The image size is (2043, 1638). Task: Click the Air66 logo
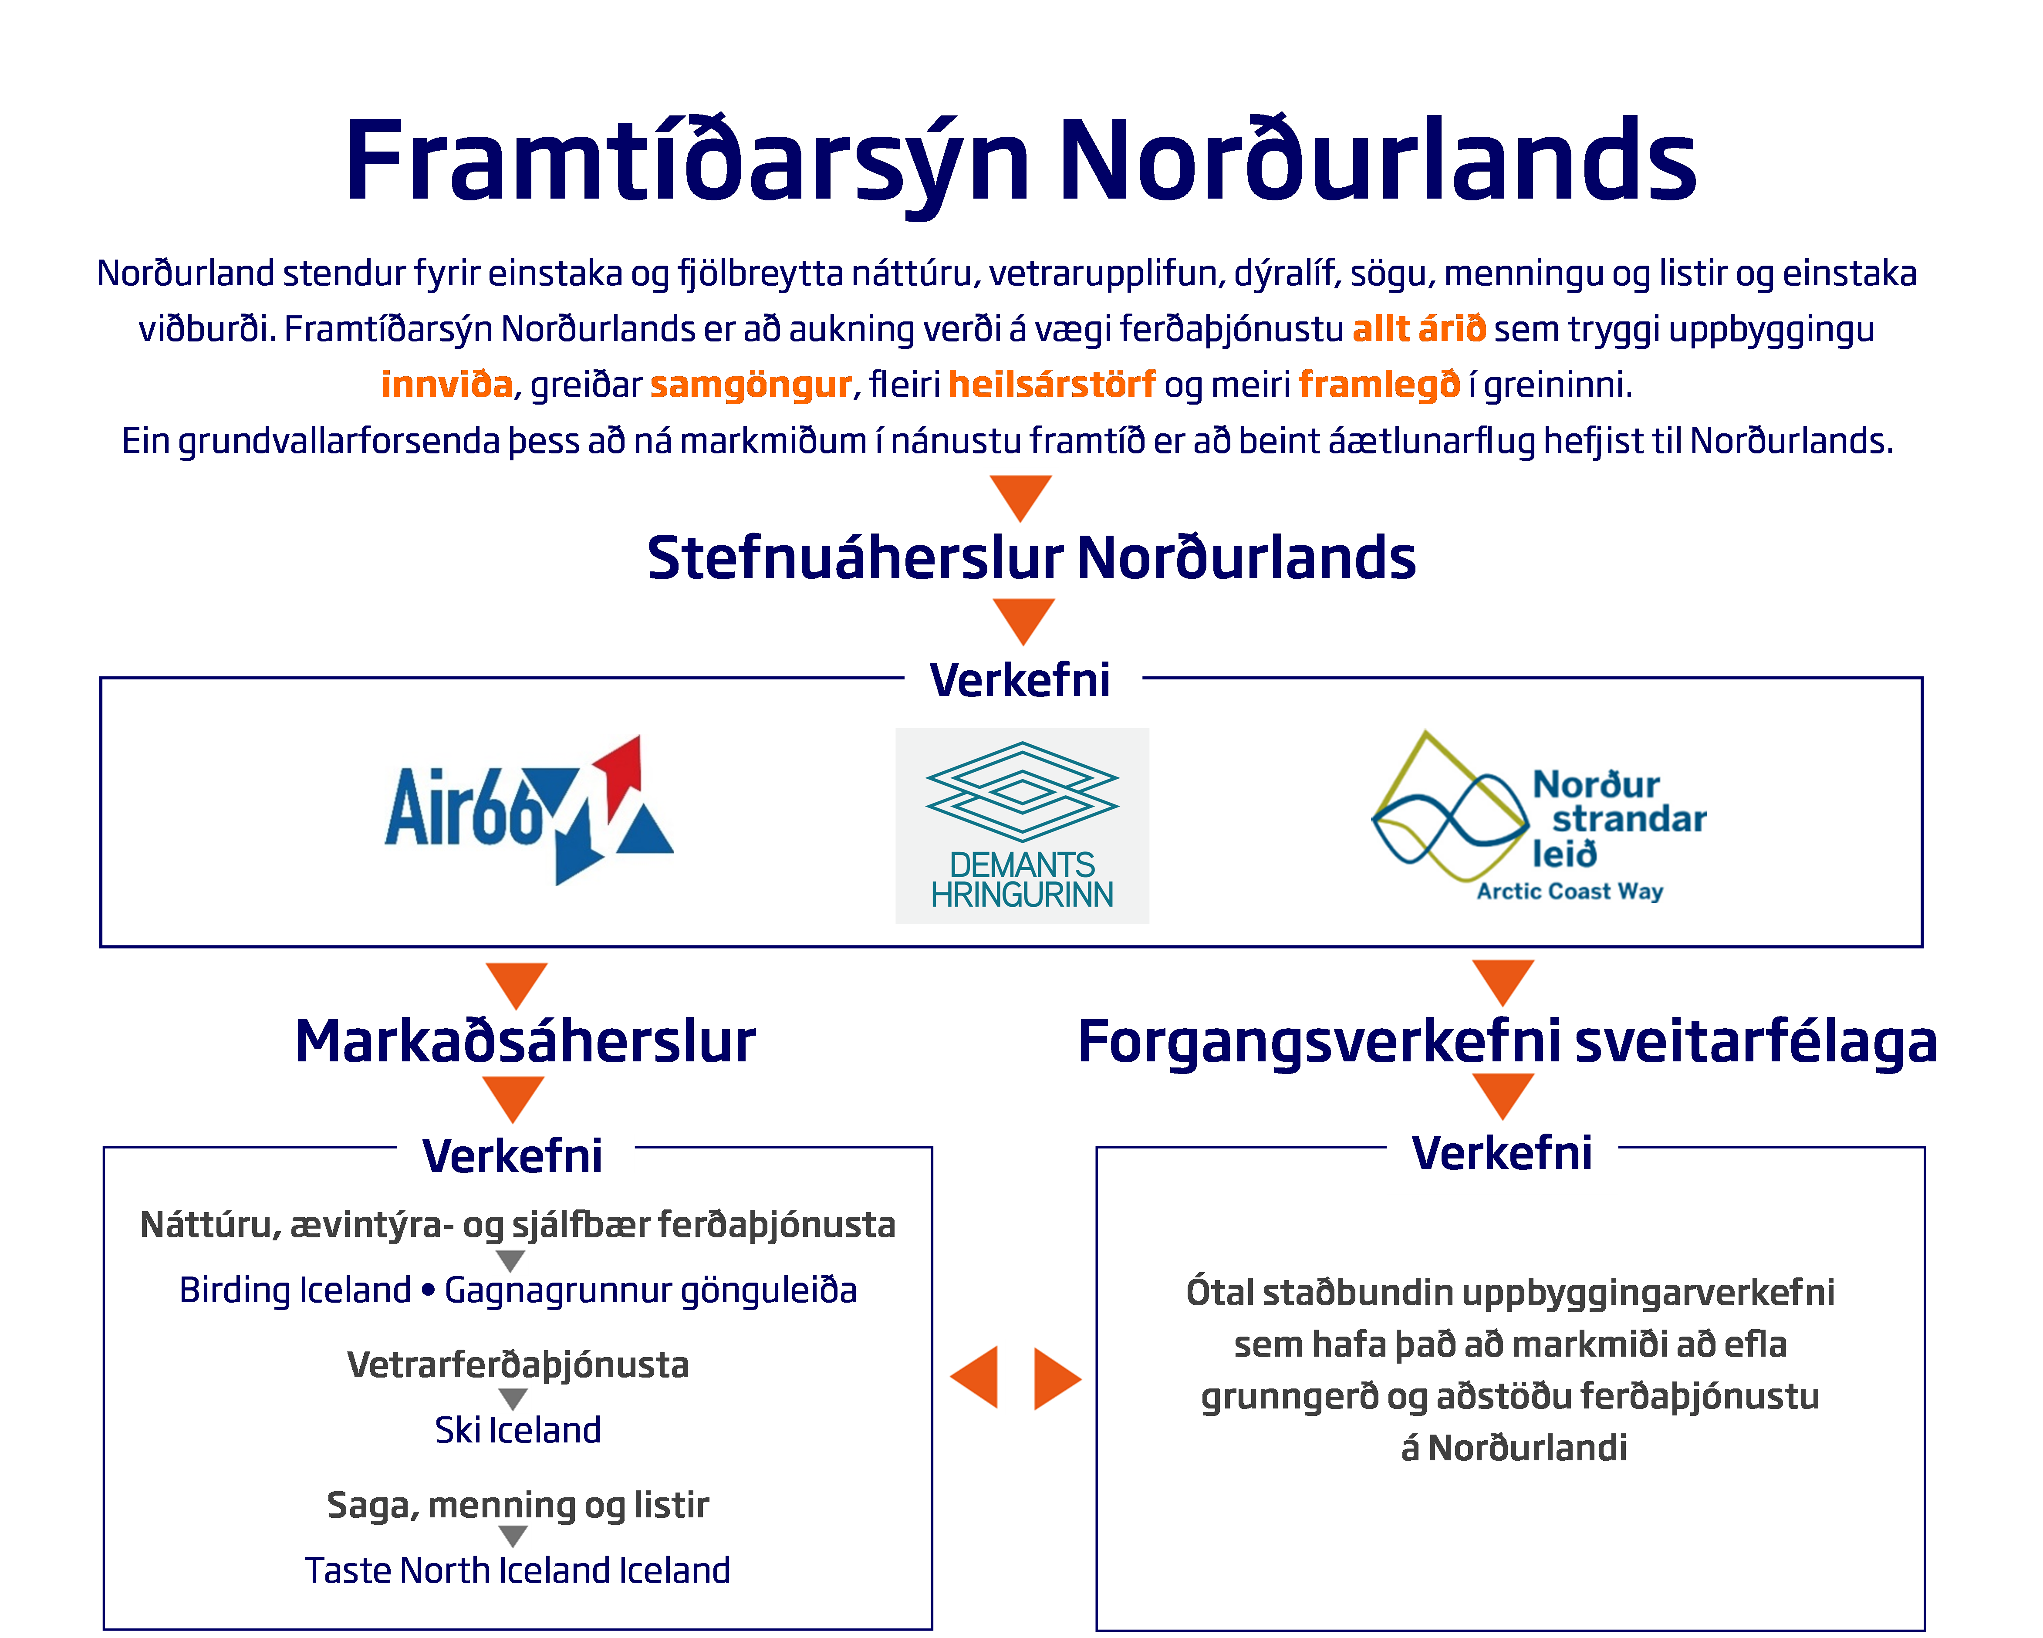pyautogui.click(x=529, y=810)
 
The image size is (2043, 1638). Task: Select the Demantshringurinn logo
pyautogui.click(x=1022, y=825)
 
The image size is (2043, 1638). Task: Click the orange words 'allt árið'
pyautogui.click(x=1418, y=329)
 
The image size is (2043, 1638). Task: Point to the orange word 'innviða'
pyautogui.click(x=446, y=385)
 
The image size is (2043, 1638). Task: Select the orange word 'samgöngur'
pyautogui.click(x=750, y=385)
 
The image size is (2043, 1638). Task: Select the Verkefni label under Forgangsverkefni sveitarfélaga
pyautogui.click(x=1502, y=1152)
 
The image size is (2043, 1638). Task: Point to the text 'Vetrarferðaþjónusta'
pyautogui.click(x=518, y=1364)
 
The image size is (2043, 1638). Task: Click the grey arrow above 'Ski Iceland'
pyautogui.click(x=513, y=1398)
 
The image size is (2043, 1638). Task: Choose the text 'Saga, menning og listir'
pyautogui.click(x=518, y=1504)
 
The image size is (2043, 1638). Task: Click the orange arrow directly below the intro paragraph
pyautogui.click(x=1020, y=497)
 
